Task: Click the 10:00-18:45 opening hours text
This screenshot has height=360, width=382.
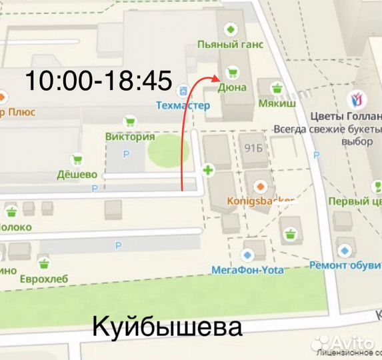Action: pos(99,81)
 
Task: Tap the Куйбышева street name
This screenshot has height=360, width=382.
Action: pos(166,327)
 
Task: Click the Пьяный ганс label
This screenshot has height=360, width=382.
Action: pos(231,45)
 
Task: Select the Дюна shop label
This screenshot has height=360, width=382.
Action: pos(231,87)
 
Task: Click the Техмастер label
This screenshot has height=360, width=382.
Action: pos(183,105)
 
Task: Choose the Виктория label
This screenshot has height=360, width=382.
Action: pos(130,137)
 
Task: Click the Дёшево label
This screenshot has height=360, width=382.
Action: pos(77,174)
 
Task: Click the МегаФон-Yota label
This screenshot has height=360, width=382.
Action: pos(247,270)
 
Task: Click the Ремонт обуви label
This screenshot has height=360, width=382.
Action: pos(345,265)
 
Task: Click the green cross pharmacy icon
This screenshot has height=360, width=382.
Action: pos(208,171)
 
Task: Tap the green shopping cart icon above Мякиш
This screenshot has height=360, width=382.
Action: pos(278,87)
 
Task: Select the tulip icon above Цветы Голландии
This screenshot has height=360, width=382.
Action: pos(357,100)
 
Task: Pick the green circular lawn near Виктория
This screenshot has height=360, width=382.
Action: pos(164,153)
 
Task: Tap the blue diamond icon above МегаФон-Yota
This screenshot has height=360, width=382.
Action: pos(248,255)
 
